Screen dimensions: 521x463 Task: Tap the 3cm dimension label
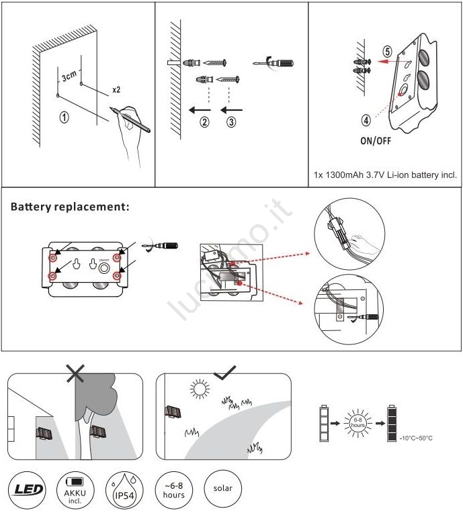69,76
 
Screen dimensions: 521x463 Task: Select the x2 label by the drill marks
116,89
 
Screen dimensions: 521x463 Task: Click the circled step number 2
204,122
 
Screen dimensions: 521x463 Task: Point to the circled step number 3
231,122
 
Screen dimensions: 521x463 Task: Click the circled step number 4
366,121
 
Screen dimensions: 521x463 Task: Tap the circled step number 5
388,51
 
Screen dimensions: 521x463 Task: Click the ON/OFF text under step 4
376,142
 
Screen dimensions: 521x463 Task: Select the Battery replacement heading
69,207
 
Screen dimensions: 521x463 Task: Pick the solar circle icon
222,489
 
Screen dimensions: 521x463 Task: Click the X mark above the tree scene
75,373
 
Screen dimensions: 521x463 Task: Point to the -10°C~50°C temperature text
416,438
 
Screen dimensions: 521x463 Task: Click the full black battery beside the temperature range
391,424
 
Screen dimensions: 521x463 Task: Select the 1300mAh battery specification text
385,175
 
